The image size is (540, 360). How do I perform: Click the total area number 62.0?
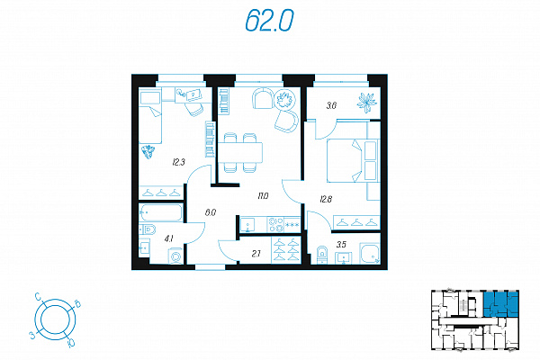click(x=269, y=20)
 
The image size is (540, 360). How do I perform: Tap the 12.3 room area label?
click(x=179, y=162)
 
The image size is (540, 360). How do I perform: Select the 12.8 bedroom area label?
click(x=326, y=199)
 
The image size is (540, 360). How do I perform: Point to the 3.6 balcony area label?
click(x=331, y=105)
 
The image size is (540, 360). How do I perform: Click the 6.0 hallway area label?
click(x=211, y=212)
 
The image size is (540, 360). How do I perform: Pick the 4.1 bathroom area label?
click(x=168, y=238)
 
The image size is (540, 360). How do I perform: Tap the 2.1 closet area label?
click(x=256, y=254)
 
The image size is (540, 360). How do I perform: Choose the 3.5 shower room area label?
click(x=341, y=245)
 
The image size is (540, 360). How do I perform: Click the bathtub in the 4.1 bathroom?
click(x=161, y=212)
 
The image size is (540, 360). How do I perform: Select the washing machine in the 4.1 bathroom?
click(x=175, y=256)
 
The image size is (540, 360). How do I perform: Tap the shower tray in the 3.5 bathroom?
click(x=370, y=254)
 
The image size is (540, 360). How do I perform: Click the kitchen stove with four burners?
click(x=276, y=225)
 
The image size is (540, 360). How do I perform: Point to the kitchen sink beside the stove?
click(x=247, y=225)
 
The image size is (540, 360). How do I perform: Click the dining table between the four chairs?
click(x=240, y=152)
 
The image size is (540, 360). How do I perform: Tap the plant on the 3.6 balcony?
click(x=366, y=102)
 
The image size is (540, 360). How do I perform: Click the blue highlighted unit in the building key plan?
click(x=500, y=304)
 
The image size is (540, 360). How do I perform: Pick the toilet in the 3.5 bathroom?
click(x=321, y=255)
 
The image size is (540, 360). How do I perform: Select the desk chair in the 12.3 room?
click(x=193, y=109)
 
